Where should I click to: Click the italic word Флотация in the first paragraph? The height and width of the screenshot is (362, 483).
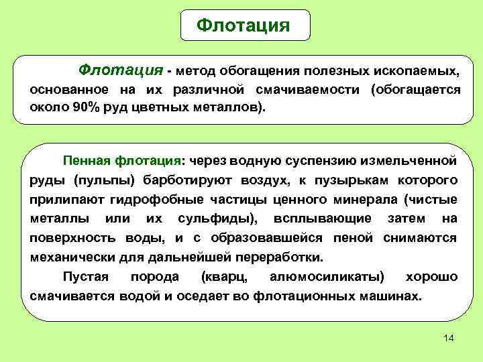coord(121,69)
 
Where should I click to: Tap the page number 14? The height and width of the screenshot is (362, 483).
coord(449,338)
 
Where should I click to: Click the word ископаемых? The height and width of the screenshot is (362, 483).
coord(420,70)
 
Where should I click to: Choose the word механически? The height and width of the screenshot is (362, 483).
coord(71,257)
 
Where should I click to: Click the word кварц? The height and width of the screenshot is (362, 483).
coord(222,276)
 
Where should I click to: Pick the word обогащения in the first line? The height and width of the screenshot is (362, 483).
coord(262,70)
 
